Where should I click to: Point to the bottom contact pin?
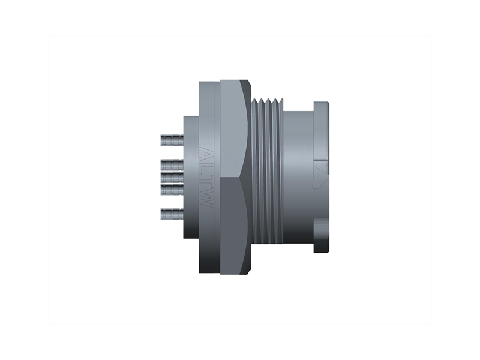coord(172,213)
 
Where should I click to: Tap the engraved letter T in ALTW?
coord(206,182)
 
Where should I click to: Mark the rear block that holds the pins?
coord(190,176)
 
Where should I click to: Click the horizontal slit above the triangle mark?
coord(321,161)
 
